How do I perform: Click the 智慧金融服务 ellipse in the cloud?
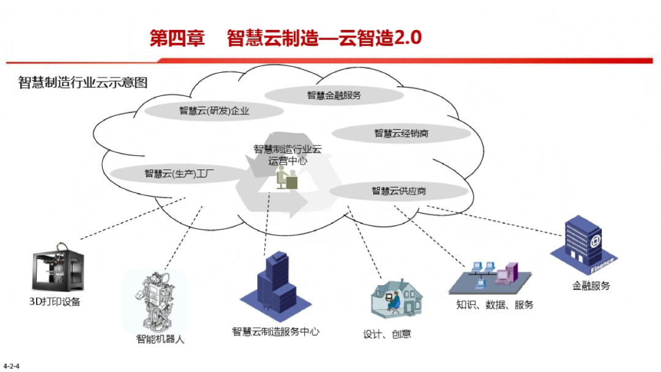coord(334,95)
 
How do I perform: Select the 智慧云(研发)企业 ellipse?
coord(214,111)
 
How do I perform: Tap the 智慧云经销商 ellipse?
coord(401,133)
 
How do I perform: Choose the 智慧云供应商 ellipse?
coord(398,191)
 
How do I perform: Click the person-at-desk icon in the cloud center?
coord(286,179)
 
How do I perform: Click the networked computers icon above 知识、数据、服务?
coord(489,276)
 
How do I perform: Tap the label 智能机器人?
coord(160,338)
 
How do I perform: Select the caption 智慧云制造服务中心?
coord(275,332)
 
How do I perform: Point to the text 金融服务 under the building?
coord(591,286)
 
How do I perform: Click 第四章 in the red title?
coord(177,38)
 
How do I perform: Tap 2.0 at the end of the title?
coord(408,38)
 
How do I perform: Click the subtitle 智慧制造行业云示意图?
coord(83,83)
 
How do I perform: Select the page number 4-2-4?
coord(12,366)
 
